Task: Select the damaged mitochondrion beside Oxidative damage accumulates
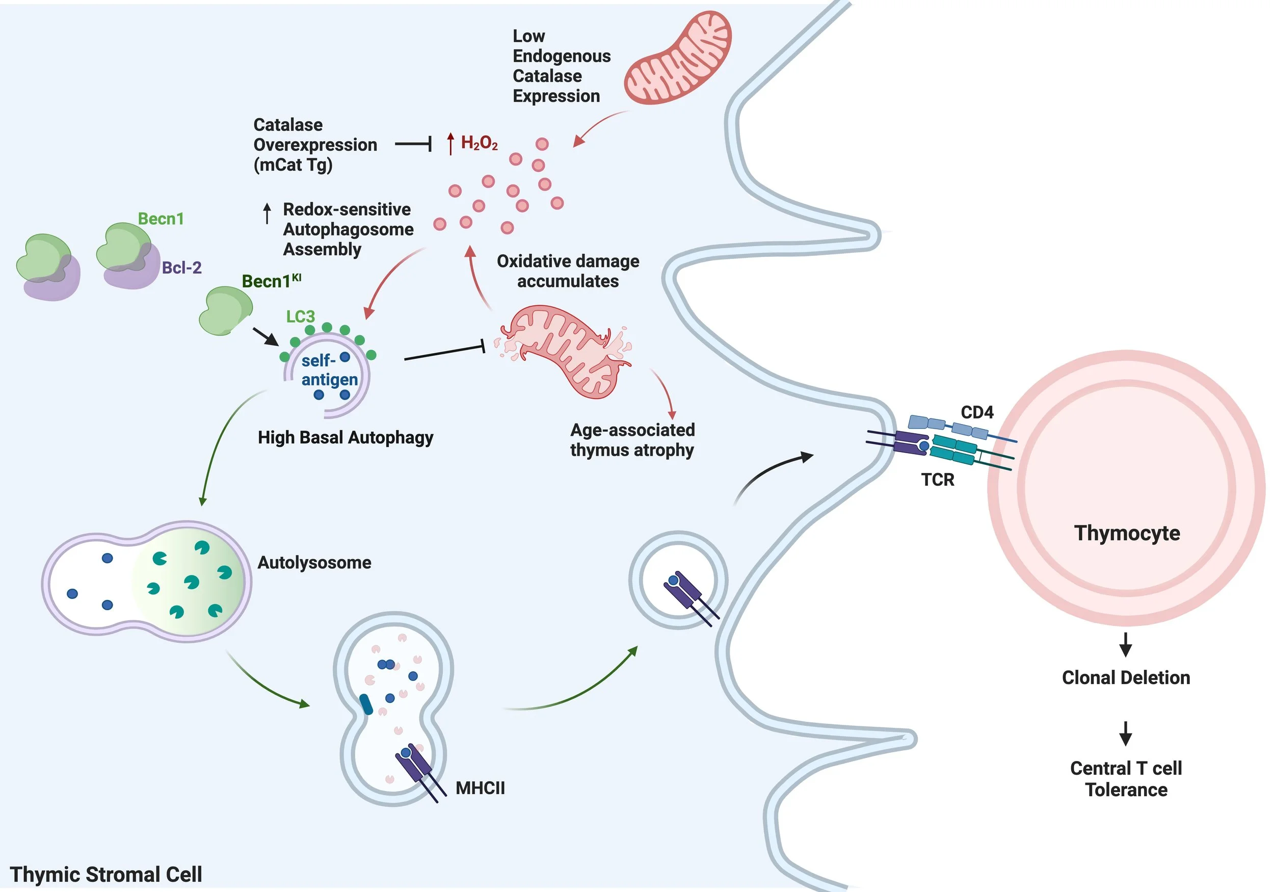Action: click(x=563, y=351)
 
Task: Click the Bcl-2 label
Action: click(x=181, y=268)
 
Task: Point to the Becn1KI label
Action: click(x=271, y=281)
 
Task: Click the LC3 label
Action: click(x=300, y=317)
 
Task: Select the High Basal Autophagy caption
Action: click(x=345, y=437)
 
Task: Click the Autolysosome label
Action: click(x=314, y=562)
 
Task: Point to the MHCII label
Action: click(x=480, y=788)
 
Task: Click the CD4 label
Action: click(x=976, y=412)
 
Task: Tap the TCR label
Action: click(x=937, y=480)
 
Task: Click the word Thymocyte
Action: click(x=1126, y=533)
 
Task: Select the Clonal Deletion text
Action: click(x=1125, y=677)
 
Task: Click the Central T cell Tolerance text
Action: click(x=1125, y=779)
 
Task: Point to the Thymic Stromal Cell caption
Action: click(x=105, y=874)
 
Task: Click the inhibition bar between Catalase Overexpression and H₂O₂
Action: click(x=413, y=144)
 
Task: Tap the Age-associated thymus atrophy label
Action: click(x=632, y=439)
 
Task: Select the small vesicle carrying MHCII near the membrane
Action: click(x=677, y=581)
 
